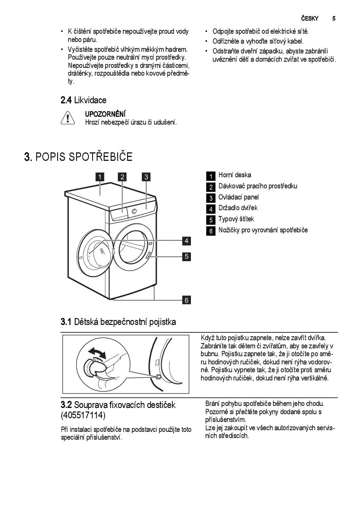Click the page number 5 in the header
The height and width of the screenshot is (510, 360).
click(x=334, y=19)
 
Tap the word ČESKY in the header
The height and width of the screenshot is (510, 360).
click(x=309, y=19)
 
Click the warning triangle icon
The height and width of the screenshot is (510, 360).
click(x=67, y=118)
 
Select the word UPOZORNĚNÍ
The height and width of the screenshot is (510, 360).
click(x=105, y=114)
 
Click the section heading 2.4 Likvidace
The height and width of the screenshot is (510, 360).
click(x=83, y=100)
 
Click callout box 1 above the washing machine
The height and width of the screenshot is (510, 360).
click(x=100, y=177)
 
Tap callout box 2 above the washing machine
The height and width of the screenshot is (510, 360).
click(x=122, y=177)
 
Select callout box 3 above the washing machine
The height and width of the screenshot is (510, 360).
click(x=146, y=177)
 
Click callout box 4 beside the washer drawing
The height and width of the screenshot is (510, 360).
click(x=186, y=241)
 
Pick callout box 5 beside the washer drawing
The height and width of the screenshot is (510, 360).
click(x=186, y=256)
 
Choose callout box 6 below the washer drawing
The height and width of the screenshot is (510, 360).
click(x=186, y=300)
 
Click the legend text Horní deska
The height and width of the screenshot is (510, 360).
click(x=235, y=175)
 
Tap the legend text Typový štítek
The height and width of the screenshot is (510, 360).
click(x=236, y=219)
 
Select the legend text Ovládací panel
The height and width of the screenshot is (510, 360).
click(x=239, y=197)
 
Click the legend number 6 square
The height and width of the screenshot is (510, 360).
click(x=211, y=231)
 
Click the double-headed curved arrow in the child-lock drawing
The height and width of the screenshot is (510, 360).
click(x=97, y=352)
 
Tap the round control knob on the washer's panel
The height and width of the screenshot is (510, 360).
click(x=134, y=211)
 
